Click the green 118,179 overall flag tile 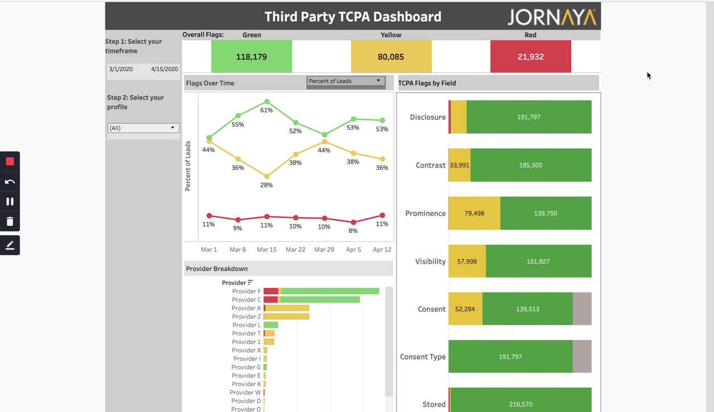point(252,56)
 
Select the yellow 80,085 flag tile point(391,56)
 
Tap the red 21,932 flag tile point(530,56)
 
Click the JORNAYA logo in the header point(552,17)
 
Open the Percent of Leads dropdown point(346,82)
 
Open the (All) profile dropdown point(143,128)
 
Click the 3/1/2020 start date point(121,69)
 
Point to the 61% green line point point(267,102)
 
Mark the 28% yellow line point point(267,176)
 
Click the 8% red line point point(353,222)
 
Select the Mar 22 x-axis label point(295,250)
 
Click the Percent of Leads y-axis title point(188,166)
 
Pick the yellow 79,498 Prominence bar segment point(474,213)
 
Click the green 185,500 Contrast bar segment point(530,165)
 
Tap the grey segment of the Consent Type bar point(582,356)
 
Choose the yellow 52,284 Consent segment point(465,309)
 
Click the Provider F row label point(246,291)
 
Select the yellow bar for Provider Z point(287,317)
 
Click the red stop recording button point(10,161)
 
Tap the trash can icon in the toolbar point(10,222)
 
